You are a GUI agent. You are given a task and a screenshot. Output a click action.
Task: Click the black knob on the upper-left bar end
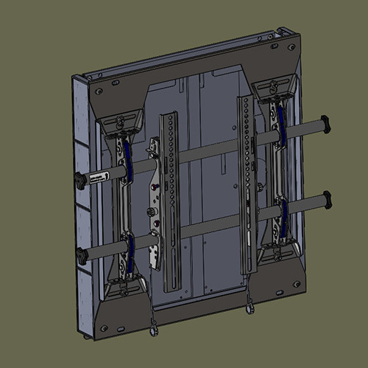[x=79, y=179]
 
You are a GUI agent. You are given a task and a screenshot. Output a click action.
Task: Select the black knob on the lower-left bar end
[x=80, y=257]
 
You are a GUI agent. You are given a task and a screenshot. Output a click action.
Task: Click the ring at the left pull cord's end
[x=153, y=331]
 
